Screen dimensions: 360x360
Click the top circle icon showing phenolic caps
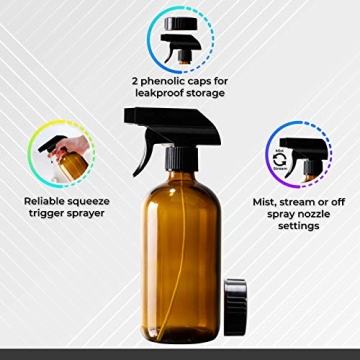click(x=180, y=36)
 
